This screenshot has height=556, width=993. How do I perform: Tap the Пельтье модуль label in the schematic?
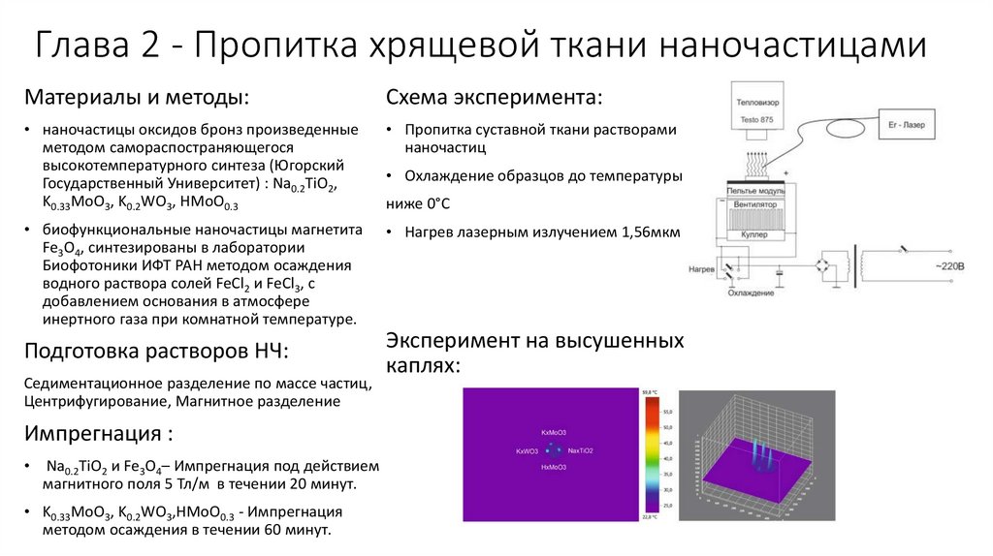pyautogui.click(x=758, y=193)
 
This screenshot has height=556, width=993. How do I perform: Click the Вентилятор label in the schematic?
pyautogui.click(x=758, y=206)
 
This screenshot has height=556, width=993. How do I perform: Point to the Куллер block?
pyautogui.click(x=758, y=234)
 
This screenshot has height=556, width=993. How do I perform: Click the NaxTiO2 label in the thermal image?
pyautogui.click(x=580, y=450)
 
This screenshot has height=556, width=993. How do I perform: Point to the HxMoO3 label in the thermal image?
pyautogui.click(x=554, y=467)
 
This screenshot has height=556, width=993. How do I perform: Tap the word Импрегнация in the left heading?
pyautogui.click(x=92, y=432)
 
